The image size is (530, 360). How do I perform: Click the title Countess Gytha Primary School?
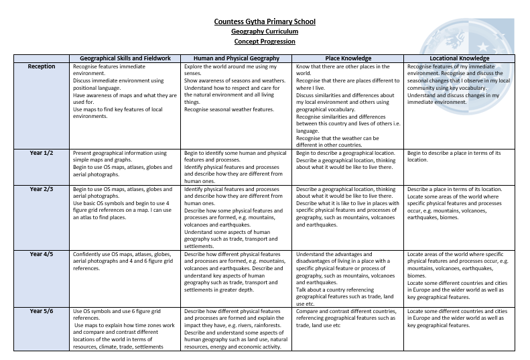click(x=265, y=21)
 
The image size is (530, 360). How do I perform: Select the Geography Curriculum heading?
click(x=265, y=32)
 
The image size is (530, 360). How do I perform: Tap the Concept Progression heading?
click(x=265, y=42)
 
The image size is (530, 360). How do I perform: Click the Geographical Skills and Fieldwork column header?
click(x=125, y=58)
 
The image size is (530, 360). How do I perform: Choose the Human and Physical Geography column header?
click(x=237, y=58)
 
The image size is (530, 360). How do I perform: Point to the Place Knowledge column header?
click(x=348, y=58)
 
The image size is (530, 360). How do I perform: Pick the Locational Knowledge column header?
click(x=460, y=58)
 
